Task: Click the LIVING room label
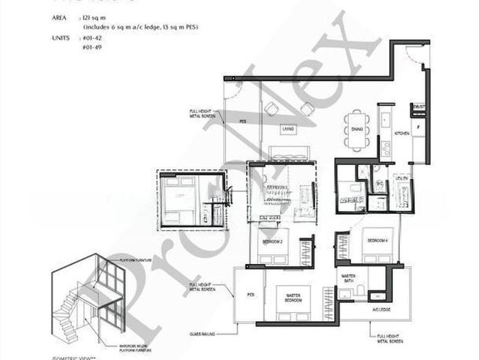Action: [x=288, y=130]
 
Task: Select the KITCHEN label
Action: [x=402, y=133]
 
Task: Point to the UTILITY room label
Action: [x=402, y=178]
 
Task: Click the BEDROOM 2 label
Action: [x=272, y=241]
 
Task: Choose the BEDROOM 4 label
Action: [x=373, y=240]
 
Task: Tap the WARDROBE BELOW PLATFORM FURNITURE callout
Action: [x=133, y=347]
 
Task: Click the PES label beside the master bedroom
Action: [x=250, y=295]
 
